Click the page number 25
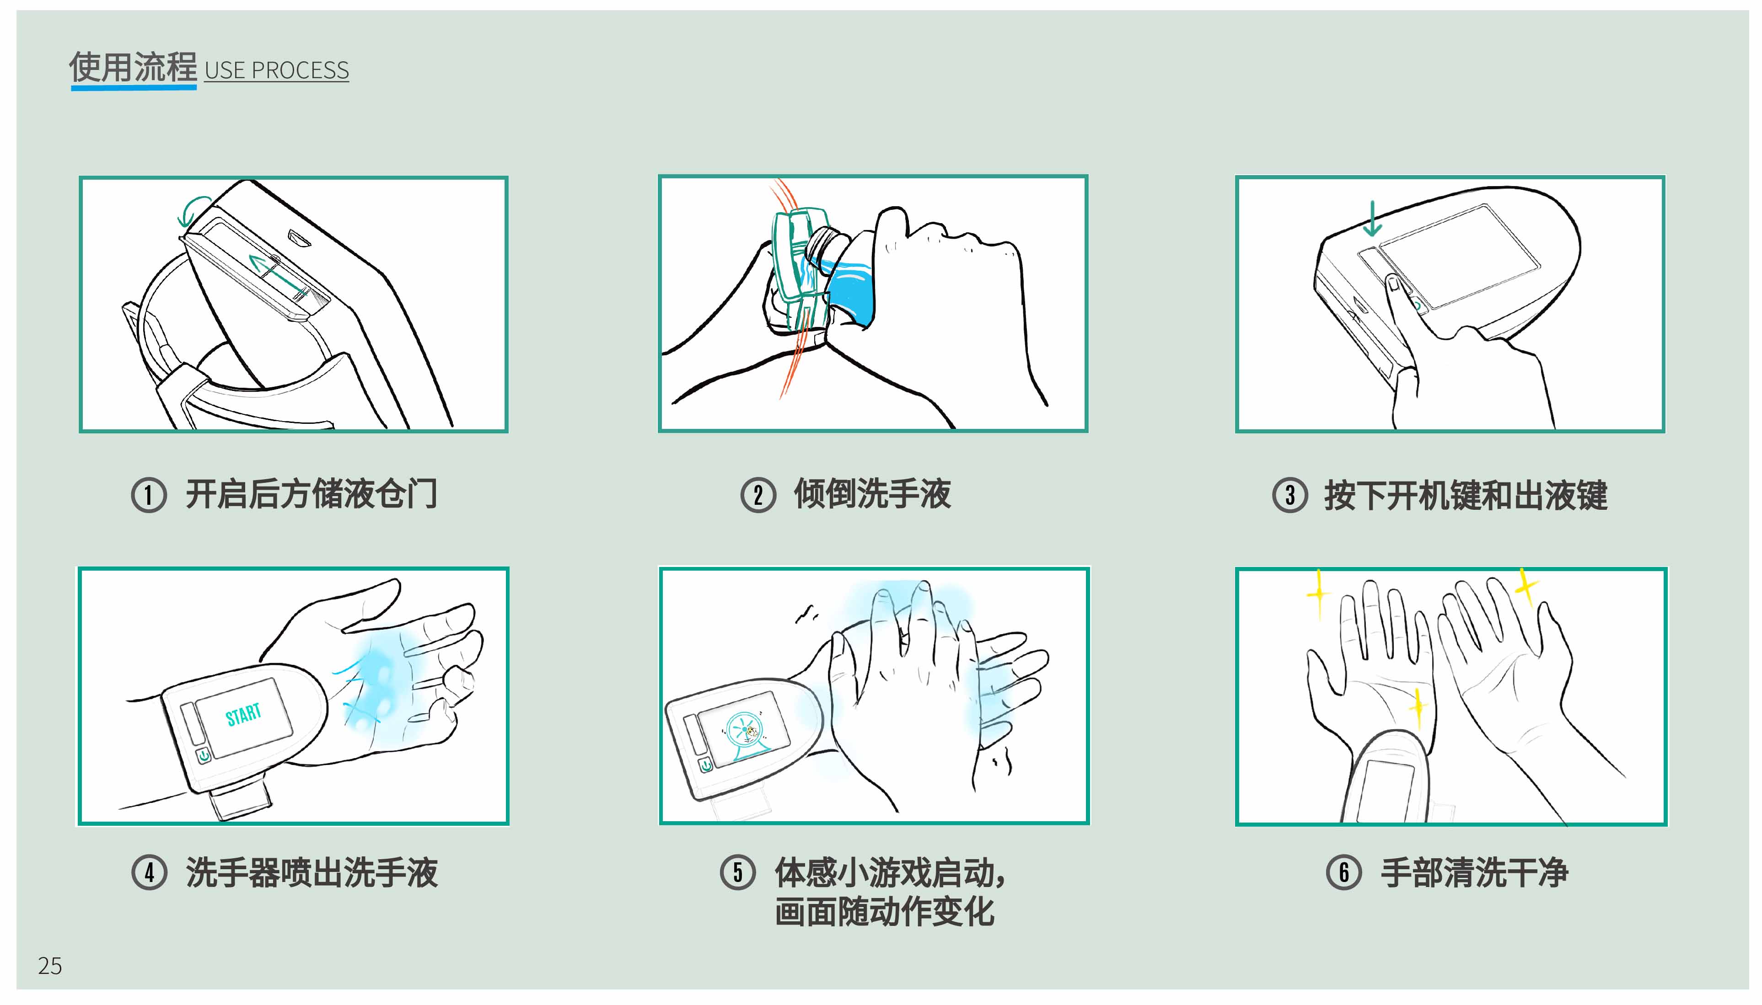coord(50,966)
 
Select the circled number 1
coord(149,495)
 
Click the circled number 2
coord(758,495)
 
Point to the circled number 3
coord(1289,495)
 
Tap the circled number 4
coord(149,872)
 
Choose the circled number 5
coord(737,872)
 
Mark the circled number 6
coord(1343,872)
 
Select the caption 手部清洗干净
coord(1474,872)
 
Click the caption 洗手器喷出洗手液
coord(312,872)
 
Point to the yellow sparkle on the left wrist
coord(1418,707)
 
